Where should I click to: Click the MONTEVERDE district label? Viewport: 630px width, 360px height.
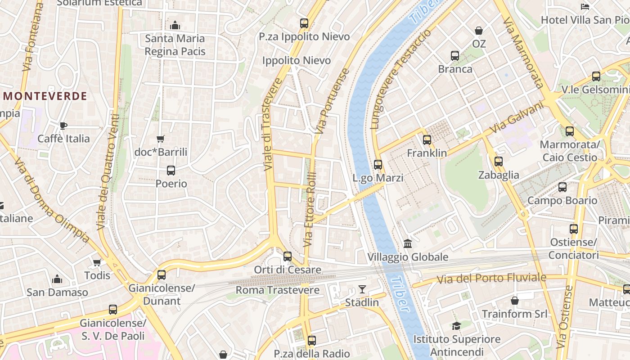(x=45, y=96)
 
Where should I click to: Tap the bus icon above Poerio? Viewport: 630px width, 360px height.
(x=171, y=171)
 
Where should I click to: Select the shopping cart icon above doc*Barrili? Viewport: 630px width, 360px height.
(x=160, y=139)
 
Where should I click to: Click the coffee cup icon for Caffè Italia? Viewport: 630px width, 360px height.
(x=63, y=126)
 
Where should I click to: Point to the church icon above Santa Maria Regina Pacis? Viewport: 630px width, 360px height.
(x=175, y=25)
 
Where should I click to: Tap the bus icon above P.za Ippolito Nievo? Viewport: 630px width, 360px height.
(x=304, y=23)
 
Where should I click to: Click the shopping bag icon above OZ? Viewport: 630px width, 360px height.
(x=479, y=31)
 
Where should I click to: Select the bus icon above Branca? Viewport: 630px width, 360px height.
(x=455, y=56)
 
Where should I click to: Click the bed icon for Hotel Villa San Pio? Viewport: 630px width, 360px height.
(x=585, y=7)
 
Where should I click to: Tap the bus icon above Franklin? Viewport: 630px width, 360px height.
(x=427, y=140)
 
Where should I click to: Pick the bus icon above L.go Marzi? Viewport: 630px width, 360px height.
(x=378, y=165)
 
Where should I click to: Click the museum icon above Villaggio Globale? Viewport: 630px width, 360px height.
(x=408, y=243)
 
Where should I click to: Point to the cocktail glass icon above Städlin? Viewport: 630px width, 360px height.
(x=362, y=289)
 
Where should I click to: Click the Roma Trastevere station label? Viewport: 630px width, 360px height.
(x=278, y=290)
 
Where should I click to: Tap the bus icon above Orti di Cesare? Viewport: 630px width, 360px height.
(x=288, y=256)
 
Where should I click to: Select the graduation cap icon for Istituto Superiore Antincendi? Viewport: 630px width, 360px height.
(x=457, y=326)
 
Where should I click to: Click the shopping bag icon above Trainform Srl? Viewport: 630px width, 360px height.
(x=515, y=300)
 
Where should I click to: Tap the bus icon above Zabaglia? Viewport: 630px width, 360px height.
(x=499, y=162)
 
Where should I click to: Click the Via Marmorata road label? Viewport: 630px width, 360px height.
(x=523, y=53)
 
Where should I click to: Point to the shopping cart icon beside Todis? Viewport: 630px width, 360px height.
(x=97, y=262)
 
